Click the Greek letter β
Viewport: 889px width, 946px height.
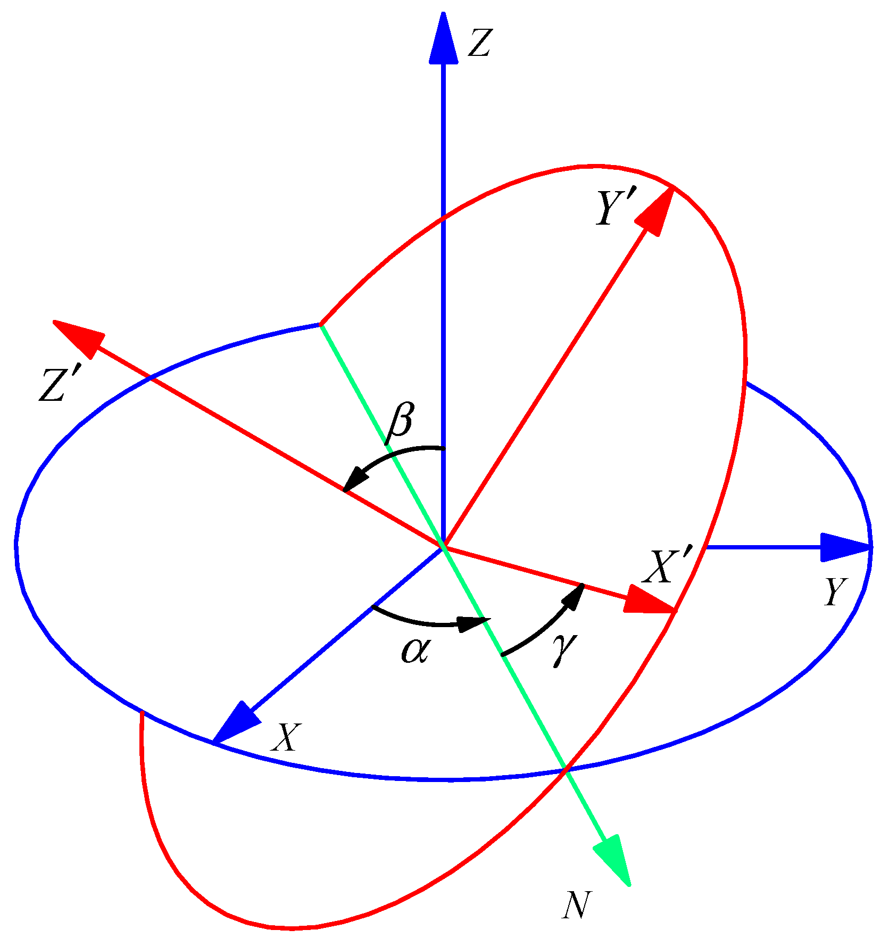click(400, 424)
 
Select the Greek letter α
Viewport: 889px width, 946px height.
click(415, 651)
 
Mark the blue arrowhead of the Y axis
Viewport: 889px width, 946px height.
click(843, 547)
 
